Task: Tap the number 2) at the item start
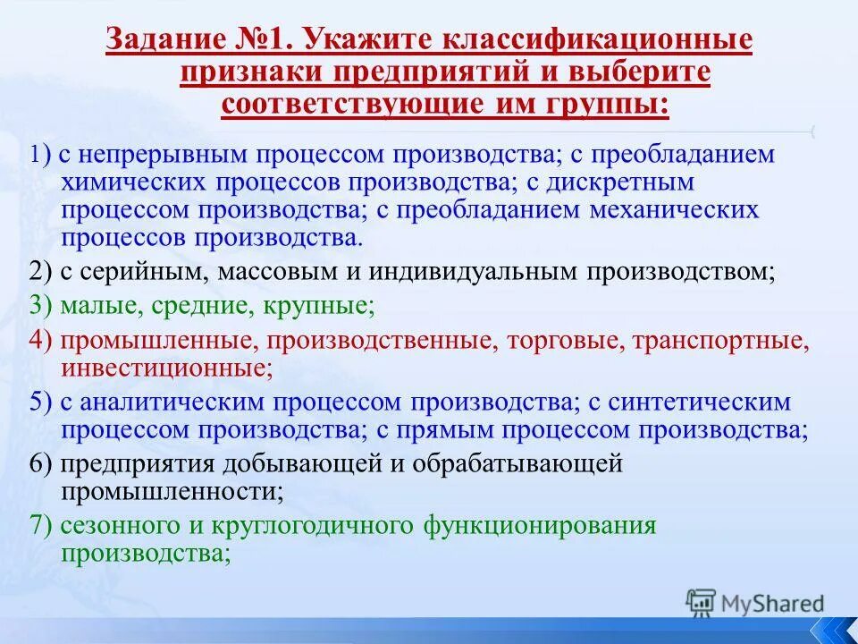(39, 271)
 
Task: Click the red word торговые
(553, 340)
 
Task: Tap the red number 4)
(39, 340)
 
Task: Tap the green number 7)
(39, 525)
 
